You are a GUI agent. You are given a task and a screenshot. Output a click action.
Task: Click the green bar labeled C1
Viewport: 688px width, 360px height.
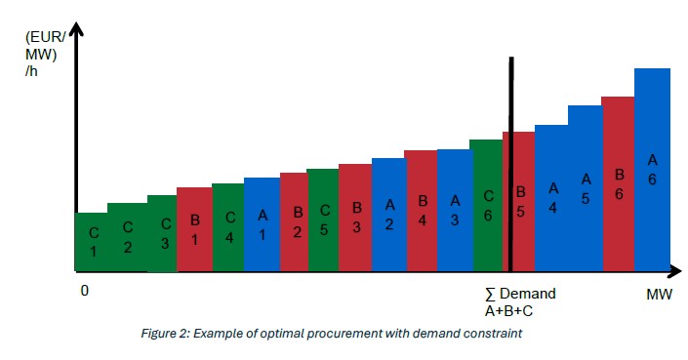[92, 241]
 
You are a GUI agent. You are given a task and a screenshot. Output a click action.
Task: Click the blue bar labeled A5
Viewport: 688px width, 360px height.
[585, 187]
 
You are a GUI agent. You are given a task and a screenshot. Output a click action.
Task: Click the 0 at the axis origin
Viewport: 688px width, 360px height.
[85, 291]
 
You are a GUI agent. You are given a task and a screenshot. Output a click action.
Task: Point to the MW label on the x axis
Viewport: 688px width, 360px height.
[659, 294]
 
